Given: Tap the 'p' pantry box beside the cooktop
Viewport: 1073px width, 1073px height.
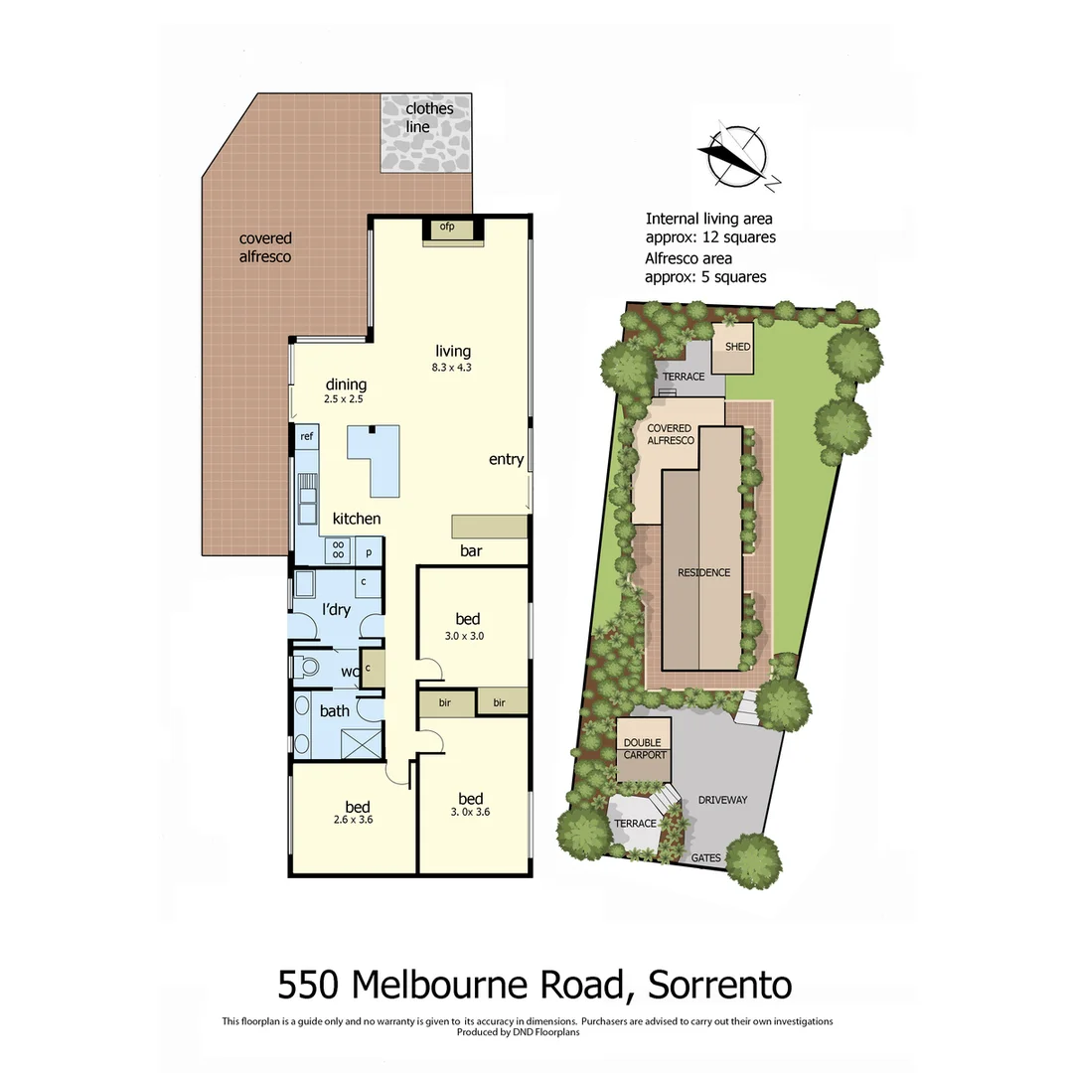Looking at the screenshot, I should (x=369, y=550).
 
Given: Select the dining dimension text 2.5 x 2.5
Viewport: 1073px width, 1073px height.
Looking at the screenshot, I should (x=345, y=399).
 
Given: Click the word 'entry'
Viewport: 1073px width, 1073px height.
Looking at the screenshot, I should (x=506, y=459).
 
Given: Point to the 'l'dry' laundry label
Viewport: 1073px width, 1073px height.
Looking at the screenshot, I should (x=336, y=609).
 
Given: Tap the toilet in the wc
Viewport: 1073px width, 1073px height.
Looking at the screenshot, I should (x=307, y=666).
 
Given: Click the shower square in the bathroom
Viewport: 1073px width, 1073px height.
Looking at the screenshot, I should (x=362, y=741).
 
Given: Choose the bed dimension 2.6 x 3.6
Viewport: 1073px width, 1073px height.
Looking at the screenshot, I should (x=357, y=820).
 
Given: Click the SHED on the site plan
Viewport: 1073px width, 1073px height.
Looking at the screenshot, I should (x=737, y=347).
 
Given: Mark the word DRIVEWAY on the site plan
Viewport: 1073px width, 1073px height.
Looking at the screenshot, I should (x=722, y=799).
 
